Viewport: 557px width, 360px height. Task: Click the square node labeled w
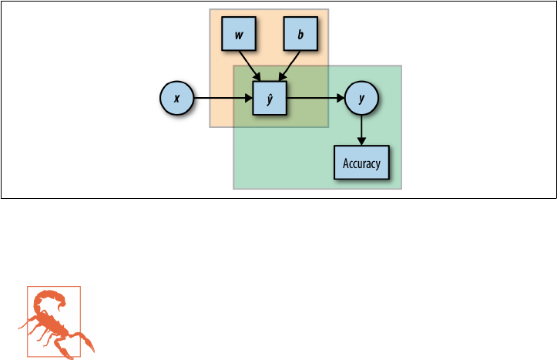(239, 35)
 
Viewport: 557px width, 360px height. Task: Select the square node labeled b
(300, 35)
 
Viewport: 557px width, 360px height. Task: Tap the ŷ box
(270, 99)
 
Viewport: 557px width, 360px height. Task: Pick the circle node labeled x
(177, 99)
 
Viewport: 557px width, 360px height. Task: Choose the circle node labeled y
(361, 99)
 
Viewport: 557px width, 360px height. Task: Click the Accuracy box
(361, 163)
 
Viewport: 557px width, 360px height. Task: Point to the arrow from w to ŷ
(251, 61)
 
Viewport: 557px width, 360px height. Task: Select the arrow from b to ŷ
(290, 61)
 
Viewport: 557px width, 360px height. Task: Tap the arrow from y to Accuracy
(361, 127)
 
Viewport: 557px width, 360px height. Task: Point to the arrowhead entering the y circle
(340, 99)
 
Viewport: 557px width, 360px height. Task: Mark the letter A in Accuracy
(345, 163)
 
